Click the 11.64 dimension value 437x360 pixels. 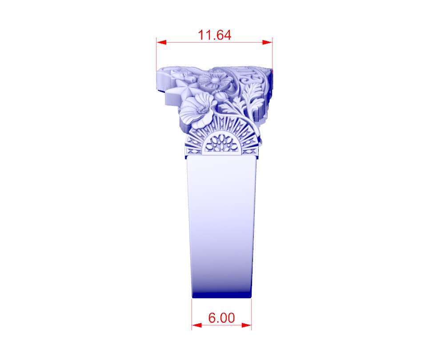[214, 35]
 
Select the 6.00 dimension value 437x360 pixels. [221, 318]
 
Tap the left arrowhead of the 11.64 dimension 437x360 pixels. [161, 42]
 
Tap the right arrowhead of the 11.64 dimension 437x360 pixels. [267, 42]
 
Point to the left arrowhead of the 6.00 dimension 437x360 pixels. [197, 325]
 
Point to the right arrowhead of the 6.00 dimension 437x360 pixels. [246, 325]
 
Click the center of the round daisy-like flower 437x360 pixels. [214, 81]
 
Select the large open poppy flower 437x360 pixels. [197, 110]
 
